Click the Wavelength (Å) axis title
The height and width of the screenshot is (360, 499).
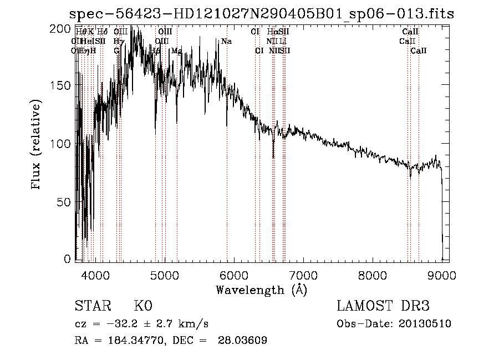261,290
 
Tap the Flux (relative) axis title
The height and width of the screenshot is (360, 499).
37,145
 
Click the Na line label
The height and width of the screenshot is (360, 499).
226,42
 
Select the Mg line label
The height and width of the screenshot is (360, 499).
177,50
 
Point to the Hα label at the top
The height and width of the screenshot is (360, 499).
271,32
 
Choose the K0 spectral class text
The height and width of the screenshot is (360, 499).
143,306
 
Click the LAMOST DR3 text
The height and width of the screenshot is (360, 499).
383,306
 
